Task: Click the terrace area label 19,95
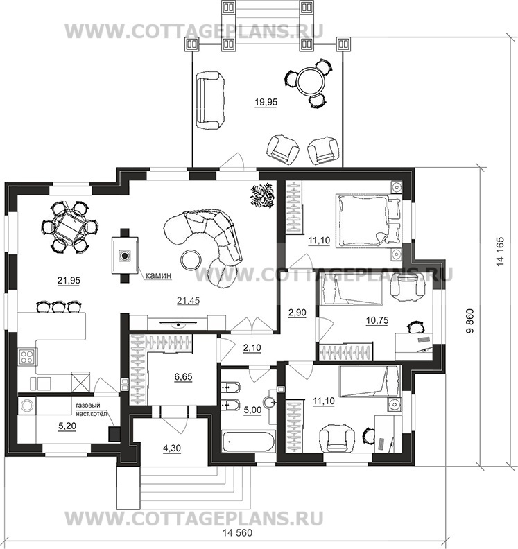click(x=266, y=102)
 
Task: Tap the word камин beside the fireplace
click(x=159, y=276)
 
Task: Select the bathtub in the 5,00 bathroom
click(x=248, y=442)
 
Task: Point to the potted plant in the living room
click(x=262, y=195)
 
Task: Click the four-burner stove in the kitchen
click(x=27, y=357)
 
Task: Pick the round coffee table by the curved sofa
click(x=191, y=259)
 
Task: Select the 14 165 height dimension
click(x=500, y=252)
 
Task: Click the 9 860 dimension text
click(x=470, y=321)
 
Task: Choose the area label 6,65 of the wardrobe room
click(x=183, y=377)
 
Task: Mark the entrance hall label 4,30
click(x=172, y=448)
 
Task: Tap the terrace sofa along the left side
click(x=209, y=101)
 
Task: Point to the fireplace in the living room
click(x=125, y=255)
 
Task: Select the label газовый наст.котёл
click(x=92, y=409)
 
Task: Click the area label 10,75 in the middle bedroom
click(x=377, y=321)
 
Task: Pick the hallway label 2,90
click(x=297, y=313)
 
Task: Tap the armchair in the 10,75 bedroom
click(x=408, y=286)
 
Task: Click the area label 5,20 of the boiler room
click(x=67, y=426)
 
